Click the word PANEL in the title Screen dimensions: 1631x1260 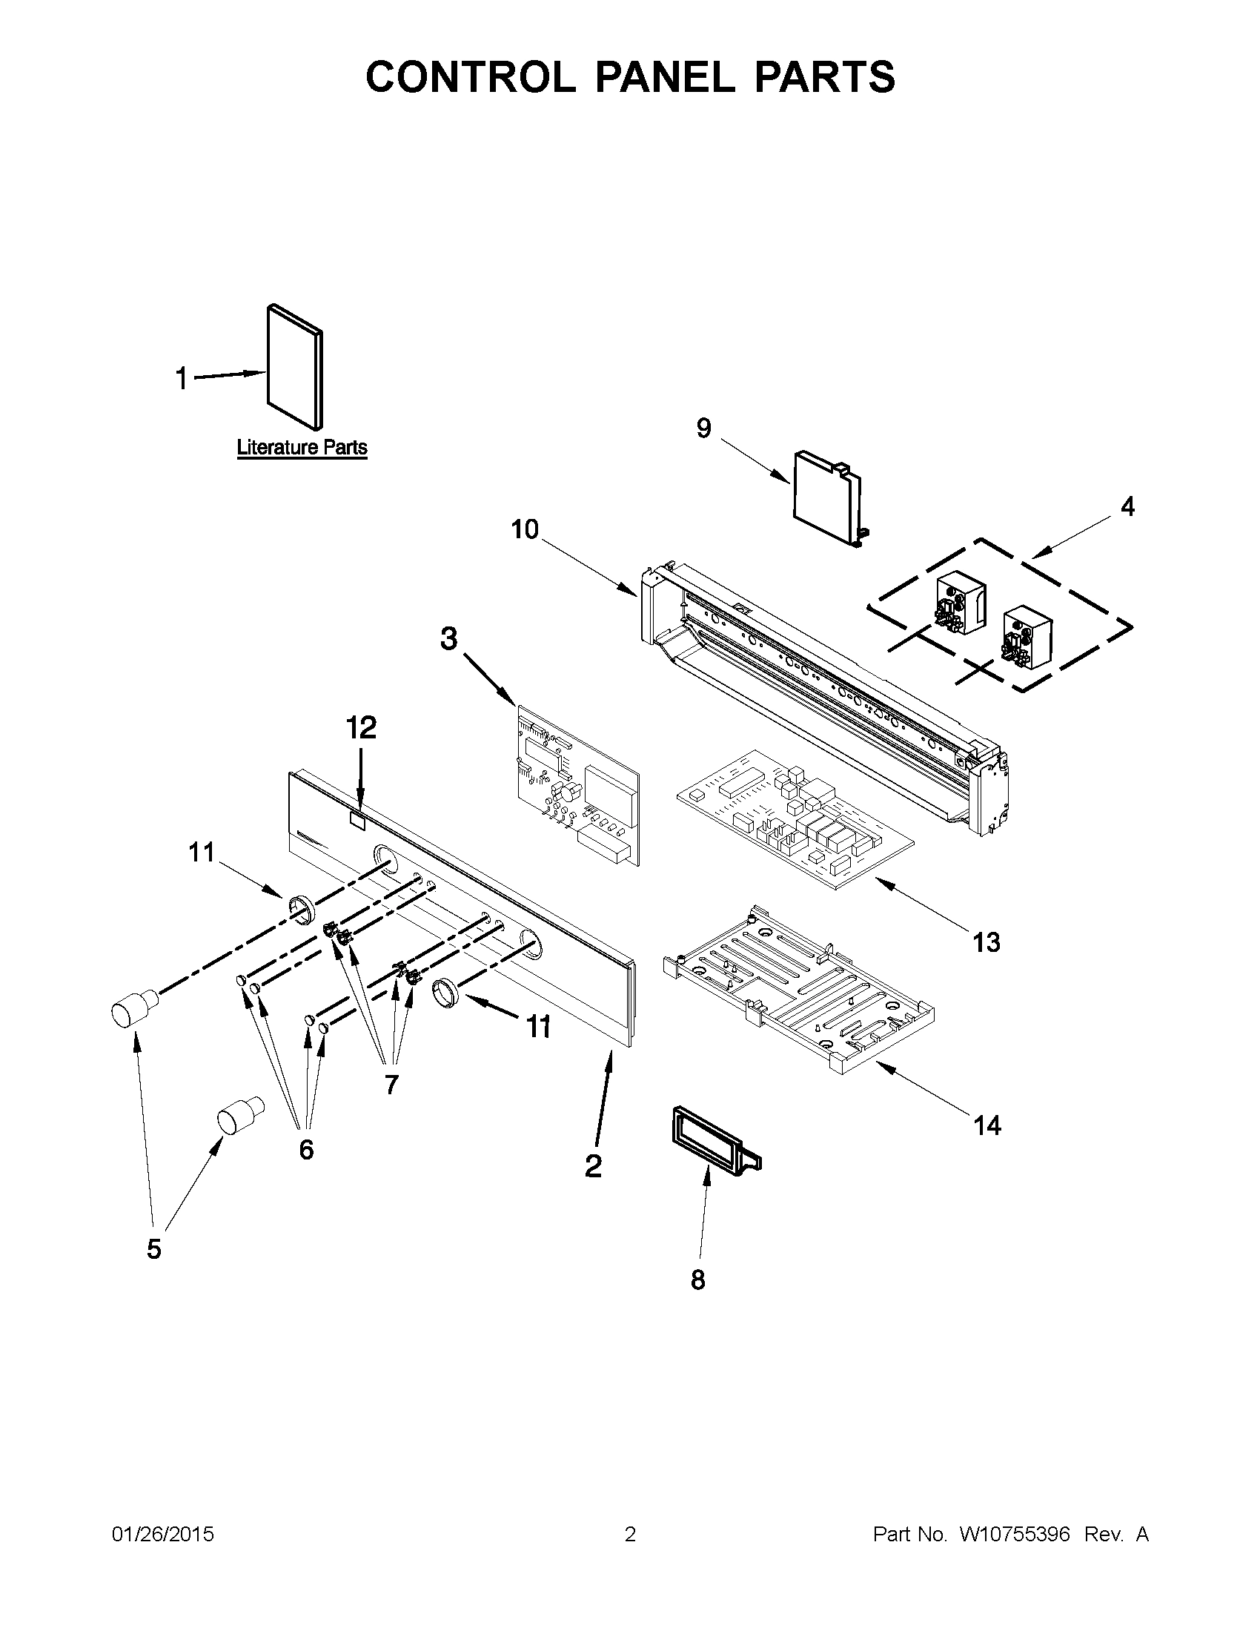[x=664, y=77]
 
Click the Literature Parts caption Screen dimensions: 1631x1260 [x=302, y=448]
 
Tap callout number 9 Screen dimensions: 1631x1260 [x=703, y=429]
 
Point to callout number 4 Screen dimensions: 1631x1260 [x=1127, y=506]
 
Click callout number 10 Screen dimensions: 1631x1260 [x=524, y=529]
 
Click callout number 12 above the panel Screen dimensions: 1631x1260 [x=360, y=727]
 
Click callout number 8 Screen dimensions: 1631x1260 [x=697, y=1280]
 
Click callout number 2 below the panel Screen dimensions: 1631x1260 [x=593, y=1165]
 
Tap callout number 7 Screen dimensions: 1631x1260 [x=391, y=1084]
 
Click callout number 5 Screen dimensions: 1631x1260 [x=153, y=1248]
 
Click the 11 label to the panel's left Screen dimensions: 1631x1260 [x=201, y=852]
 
